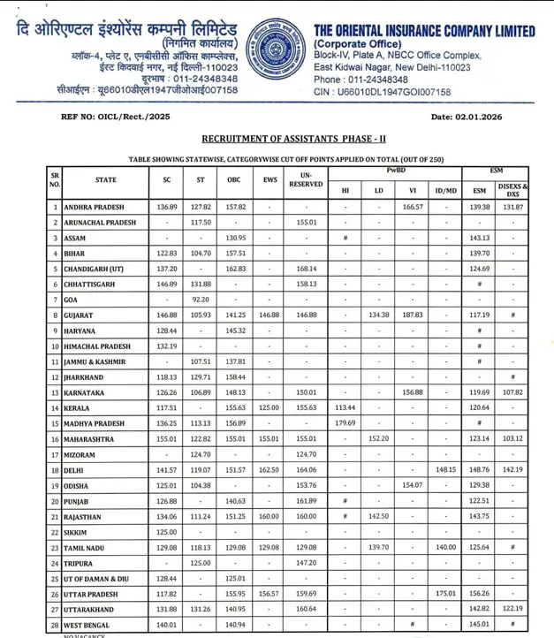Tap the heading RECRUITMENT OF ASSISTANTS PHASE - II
tap(295, 140)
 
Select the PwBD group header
tap(395, 169)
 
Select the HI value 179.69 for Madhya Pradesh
tap(345, 422)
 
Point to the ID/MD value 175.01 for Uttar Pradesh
tap(446, 591)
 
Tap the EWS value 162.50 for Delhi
tap(269, 471)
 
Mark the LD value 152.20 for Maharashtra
tap(378, 438)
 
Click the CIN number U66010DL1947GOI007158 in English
tap(383, 92)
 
